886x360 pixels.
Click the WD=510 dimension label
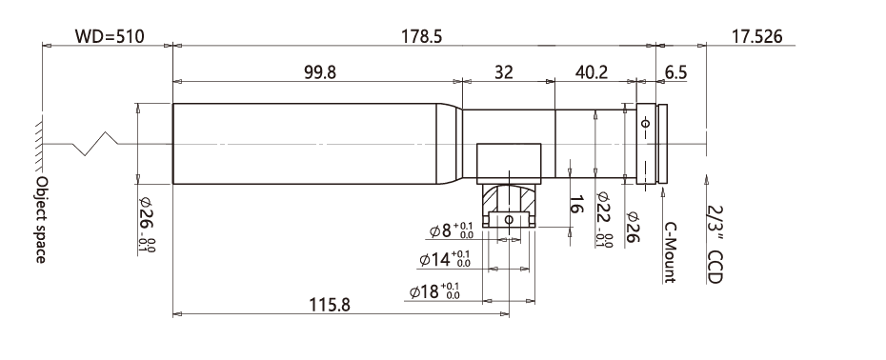110,37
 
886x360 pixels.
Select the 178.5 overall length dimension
421,37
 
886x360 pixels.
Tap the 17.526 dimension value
757,37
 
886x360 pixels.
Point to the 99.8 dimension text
320,72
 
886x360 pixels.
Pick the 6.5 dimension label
675,72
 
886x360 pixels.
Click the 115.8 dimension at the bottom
330,305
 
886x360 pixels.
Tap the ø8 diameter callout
452,230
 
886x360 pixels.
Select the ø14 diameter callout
445,260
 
